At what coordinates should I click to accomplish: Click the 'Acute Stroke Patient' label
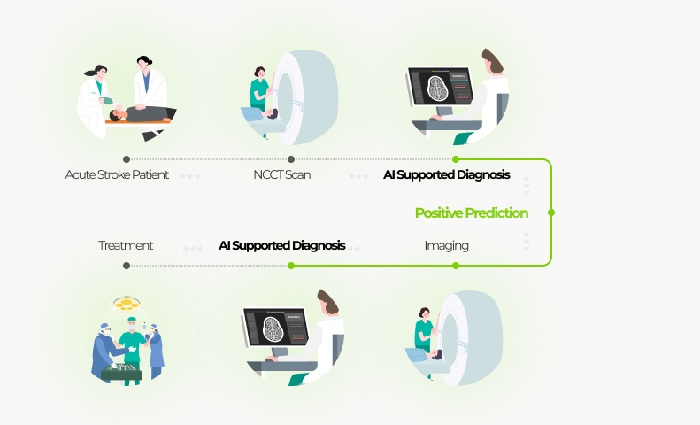coord(117,174)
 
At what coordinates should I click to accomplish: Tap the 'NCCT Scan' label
coord(282,174)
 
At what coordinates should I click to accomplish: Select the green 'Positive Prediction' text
coord(472,213)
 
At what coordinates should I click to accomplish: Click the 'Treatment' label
coord(126,245)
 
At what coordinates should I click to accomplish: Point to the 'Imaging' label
coord(446,246)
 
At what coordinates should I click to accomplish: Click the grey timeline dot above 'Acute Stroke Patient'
coord(127,159)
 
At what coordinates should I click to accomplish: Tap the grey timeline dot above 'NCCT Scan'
coord(291,159)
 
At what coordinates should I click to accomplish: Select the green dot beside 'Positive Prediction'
coord(551,212)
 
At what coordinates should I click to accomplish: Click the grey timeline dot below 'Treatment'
coord(127,266)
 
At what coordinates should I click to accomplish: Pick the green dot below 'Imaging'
coord(456,266)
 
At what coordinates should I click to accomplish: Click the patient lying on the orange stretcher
coord(142,114)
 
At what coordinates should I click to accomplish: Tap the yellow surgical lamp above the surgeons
coord(127,304)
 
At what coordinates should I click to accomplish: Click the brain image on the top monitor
coord(437,89)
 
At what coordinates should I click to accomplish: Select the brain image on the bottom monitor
coord(273,329)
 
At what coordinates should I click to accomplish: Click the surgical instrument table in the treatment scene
coord(121,372)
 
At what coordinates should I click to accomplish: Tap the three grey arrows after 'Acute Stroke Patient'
coord(190,176)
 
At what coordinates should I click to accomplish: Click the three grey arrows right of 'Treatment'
coord(192,249)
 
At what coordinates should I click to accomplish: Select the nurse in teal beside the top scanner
coord(260,90)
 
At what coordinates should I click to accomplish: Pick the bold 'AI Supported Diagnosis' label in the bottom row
coord(282,245)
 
